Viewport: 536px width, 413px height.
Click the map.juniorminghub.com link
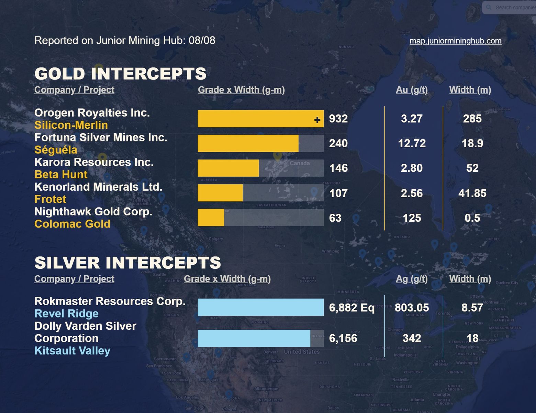(455, 41)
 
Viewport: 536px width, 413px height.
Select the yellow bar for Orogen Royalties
(254, 119)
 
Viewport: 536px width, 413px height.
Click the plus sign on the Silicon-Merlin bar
(317, 120)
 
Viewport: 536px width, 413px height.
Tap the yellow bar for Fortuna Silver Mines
(248, 144)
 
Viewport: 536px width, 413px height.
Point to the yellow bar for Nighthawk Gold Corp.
(211, 218)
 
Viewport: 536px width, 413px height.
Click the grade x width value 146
(338, 168)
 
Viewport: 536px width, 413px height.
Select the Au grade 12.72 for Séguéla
(412, 143)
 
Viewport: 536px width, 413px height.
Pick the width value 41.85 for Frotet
(472, 193)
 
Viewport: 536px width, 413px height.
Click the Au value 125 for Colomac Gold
(412, 218)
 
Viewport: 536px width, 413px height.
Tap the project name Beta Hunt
(61, 174)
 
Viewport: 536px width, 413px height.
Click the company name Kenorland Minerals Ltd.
(98, 187)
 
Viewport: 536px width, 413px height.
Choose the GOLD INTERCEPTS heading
(120, 74)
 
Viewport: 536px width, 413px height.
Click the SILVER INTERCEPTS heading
(127, 263)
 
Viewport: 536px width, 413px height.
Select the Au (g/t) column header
(412, 90)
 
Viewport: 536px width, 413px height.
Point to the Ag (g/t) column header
(412, 279)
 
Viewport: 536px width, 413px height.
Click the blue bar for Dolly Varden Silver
(254, 338)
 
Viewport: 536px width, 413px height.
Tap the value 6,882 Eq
(351, 307)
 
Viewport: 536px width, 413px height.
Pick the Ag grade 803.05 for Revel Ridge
(412, 307)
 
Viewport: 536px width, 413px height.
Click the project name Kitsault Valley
(72, 351)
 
